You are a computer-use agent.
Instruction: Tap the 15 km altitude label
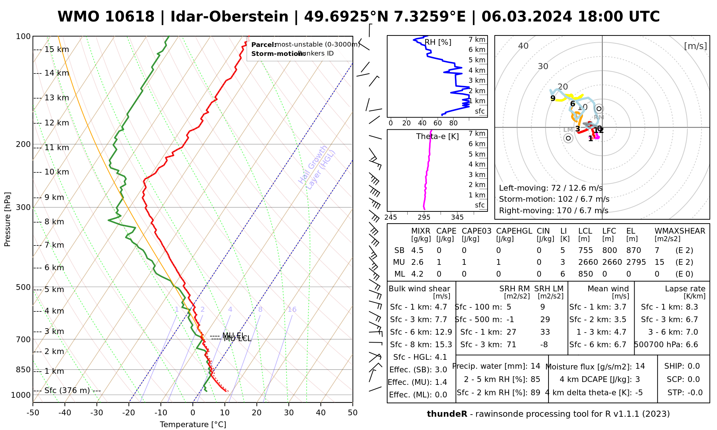tap(57, 49)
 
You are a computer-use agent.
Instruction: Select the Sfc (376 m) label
tap(67, 390)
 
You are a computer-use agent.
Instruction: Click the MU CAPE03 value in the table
tap(464, 262)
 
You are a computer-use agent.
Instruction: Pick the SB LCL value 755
tap(585, 250)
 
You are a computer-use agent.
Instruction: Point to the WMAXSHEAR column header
tap(680, 231)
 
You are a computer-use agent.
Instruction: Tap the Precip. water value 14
tap(535, 366)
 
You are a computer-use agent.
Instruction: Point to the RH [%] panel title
tap(438, 42)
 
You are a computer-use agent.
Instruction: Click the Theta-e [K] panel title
tap(437, 137)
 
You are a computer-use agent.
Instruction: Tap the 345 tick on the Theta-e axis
tap(457, 218)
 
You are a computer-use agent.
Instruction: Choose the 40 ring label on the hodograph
tap(523, 46)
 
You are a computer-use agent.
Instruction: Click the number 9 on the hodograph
tap(553, 98)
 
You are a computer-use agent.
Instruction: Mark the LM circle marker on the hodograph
tap(568, 138)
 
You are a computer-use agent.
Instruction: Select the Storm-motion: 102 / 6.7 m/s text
tap(554, 199)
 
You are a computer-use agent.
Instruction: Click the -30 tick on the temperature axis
tap(97, 413)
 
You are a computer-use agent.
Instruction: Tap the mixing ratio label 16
tap(292, 310)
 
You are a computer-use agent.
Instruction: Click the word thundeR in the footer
tap(447, 414)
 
